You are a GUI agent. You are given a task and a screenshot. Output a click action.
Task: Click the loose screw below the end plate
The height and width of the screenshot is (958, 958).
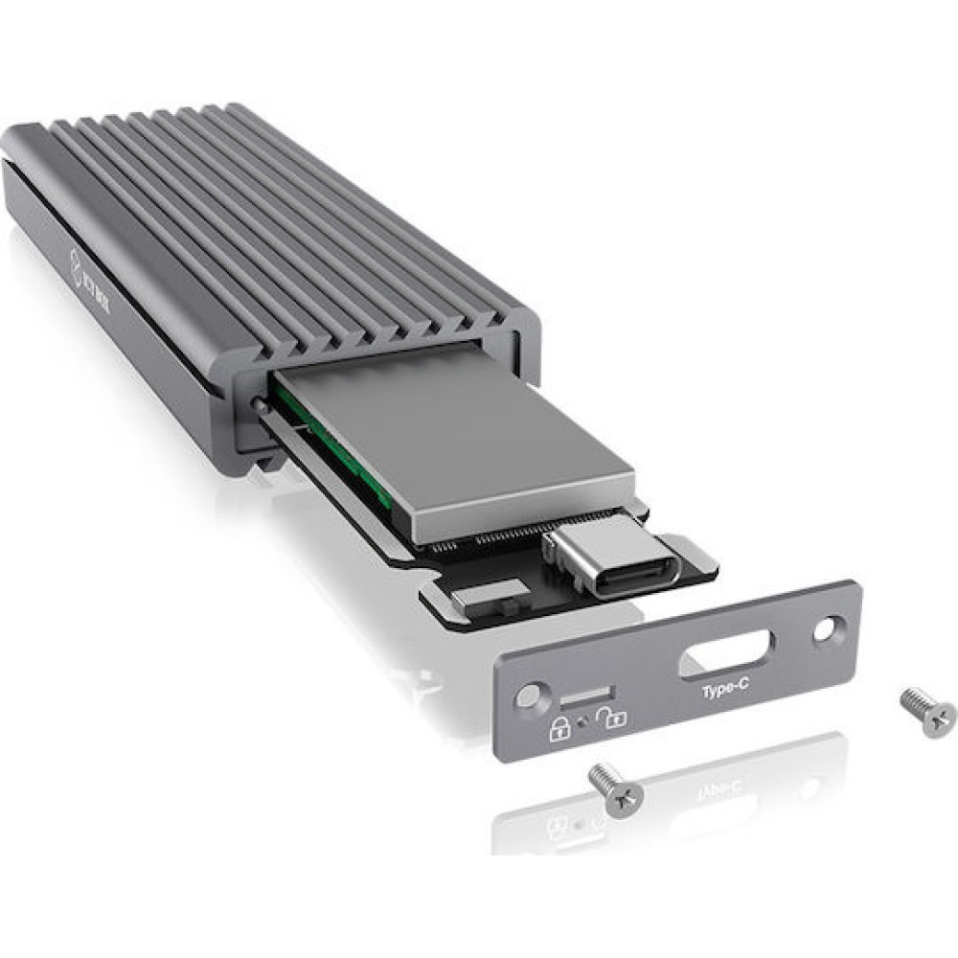click(616, 788)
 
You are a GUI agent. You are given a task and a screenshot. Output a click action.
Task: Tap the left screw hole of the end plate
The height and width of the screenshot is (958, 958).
click(526, 696)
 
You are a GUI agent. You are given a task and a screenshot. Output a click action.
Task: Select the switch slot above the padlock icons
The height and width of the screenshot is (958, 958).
click(581, 693)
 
